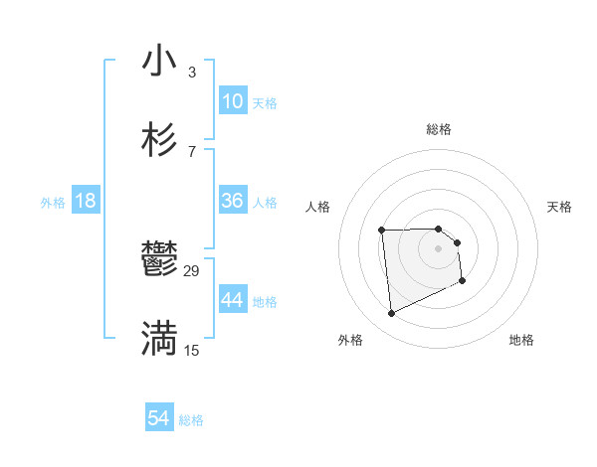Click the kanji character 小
[159, 61]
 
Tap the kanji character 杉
[159, 140]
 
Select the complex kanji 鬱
[159, 260]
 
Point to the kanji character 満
[159, 339]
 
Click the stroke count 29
[192, 270]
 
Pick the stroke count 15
[192, 350]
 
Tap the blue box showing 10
[232, 101]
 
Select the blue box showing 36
[232, 201]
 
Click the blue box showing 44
[232, 300]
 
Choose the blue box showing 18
[86, 201]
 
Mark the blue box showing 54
[158, 419]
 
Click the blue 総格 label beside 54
[191, 420]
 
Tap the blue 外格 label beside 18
[53, 203]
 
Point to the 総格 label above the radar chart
[438, 129]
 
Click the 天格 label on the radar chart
[559, 207]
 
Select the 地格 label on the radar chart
[521, 340]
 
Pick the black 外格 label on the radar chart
[350, 340]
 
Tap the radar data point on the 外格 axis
[391, 314]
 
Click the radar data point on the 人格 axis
[381, 231]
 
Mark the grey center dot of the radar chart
[438, 248]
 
